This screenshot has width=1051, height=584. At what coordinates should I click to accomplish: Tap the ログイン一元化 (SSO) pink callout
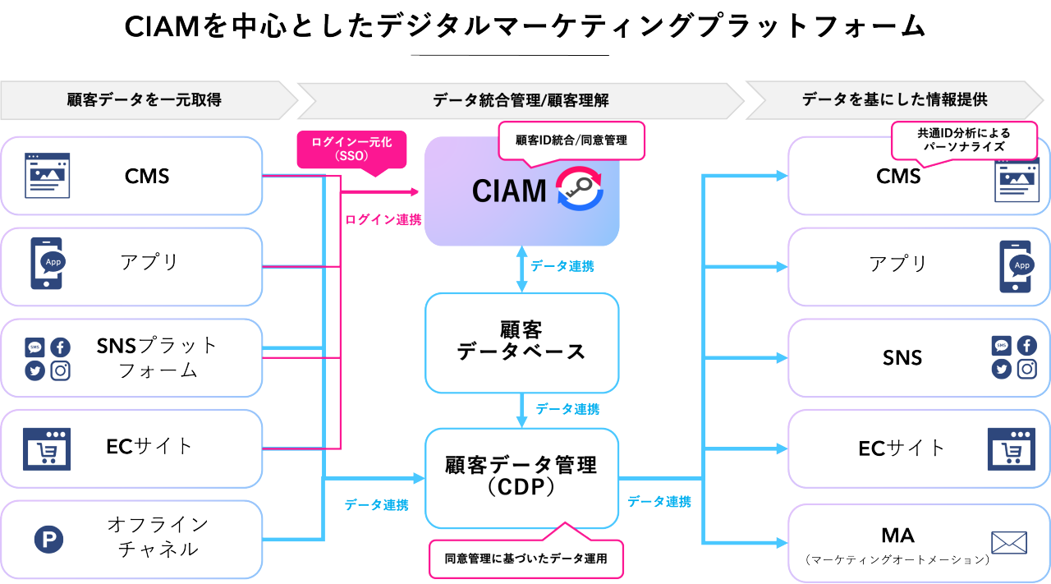[x=351, y=149]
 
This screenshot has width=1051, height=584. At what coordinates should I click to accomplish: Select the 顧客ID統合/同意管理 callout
[x=571, y=140]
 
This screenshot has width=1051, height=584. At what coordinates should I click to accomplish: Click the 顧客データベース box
[x=521, y=342]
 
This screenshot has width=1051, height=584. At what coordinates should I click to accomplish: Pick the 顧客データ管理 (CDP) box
[x=521, y=477]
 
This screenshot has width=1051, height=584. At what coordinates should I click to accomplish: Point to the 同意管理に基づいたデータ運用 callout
[x=525, y=559]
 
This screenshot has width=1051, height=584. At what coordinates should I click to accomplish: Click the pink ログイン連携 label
[x=383, y=219]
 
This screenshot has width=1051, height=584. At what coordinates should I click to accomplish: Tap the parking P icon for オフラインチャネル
[x=48, y=539]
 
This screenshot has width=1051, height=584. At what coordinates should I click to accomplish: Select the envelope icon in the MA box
[x=1009, y=543]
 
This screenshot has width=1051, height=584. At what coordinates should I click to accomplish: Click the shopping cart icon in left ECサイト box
[x=47, y=448]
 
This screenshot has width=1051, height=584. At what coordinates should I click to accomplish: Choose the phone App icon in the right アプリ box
[x=1015, y=266]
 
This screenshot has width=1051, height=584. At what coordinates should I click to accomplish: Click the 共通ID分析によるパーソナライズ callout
[x=964, y=140]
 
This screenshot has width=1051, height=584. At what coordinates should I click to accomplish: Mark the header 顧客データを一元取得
[x=144, y=100]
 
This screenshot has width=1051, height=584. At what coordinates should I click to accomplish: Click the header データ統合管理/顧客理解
[x=521, y=100]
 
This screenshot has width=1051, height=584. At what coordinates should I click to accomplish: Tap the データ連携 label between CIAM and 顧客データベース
[x=562, y=266]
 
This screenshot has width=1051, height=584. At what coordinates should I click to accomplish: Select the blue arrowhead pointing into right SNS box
[x=779, y=357]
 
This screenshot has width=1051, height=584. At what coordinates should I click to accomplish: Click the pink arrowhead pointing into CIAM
[x=413, y=192]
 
